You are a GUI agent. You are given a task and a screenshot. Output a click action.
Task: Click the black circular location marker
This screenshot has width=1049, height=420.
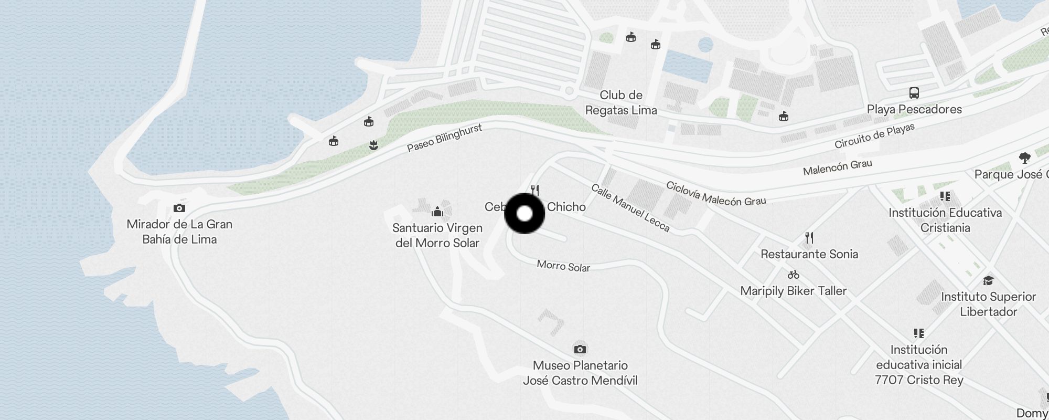524,214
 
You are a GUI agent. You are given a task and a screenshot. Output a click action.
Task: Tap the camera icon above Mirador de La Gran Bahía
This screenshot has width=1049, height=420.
179,208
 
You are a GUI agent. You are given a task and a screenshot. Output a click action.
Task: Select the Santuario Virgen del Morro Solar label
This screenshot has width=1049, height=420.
437,235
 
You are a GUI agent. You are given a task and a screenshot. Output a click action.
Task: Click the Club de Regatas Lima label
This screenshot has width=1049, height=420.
621,102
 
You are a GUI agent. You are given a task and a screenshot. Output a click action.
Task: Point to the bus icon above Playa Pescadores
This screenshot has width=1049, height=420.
914,93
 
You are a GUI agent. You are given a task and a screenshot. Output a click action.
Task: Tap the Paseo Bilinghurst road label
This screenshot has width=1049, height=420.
444,138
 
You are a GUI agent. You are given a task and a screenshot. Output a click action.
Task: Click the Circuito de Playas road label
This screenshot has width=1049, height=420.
874,136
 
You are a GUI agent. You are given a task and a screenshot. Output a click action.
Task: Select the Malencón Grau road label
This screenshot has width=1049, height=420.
837,167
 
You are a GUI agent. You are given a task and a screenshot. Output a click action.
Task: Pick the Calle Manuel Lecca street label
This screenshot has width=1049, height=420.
630,207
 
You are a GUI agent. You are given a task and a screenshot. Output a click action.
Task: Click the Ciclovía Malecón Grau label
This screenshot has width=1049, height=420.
716,193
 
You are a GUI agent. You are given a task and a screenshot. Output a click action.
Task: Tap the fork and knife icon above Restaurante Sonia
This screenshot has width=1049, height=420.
809,238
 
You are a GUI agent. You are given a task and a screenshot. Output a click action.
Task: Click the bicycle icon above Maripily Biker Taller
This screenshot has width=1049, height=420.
793,275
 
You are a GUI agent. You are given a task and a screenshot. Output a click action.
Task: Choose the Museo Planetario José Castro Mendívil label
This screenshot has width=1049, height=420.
580,373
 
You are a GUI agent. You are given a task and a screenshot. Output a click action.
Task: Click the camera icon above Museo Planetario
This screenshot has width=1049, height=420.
580,349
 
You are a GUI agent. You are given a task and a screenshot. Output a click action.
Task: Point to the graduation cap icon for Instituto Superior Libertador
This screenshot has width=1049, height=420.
988,281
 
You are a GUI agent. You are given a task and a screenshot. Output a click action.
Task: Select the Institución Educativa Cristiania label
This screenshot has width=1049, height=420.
945,220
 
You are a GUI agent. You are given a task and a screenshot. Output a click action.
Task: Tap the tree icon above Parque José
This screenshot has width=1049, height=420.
1024,157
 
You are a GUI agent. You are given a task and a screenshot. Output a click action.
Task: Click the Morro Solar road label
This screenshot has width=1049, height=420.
563,266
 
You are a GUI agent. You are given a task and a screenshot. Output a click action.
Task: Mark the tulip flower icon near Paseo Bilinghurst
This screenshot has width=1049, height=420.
373,145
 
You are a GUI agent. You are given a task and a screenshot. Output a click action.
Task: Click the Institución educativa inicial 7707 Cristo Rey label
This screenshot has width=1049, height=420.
919,364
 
